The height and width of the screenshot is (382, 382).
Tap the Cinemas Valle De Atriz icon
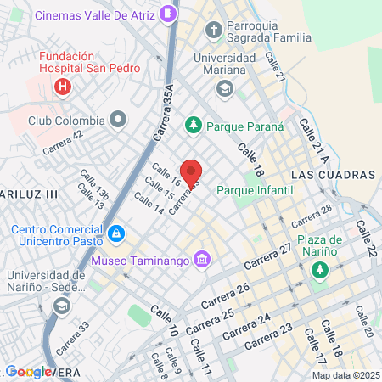169,14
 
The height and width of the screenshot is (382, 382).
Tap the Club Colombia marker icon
118,119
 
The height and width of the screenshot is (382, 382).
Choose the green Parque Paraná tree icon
193,126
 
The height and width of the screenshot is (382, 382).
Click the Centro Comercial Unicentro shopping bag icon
115,232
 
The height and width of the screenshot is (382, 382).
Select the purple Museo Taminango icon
201,258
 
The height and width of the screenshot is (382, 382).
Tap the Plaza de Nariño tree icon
319,271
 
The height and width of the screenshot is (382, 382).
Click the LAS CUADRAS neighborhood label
333,174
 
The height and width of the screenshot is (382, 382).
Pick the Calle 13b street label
95,183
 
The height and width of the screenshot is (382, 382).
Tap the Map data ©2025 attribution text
345,375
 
